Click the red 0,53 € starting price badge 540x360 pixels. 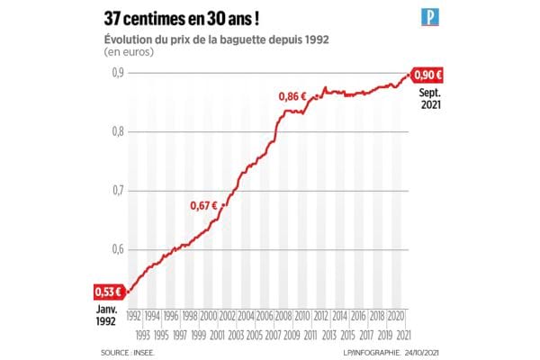107,292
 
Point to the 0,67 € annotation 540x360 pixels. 205,205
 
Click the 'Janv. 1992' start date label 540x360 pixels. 107,315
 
